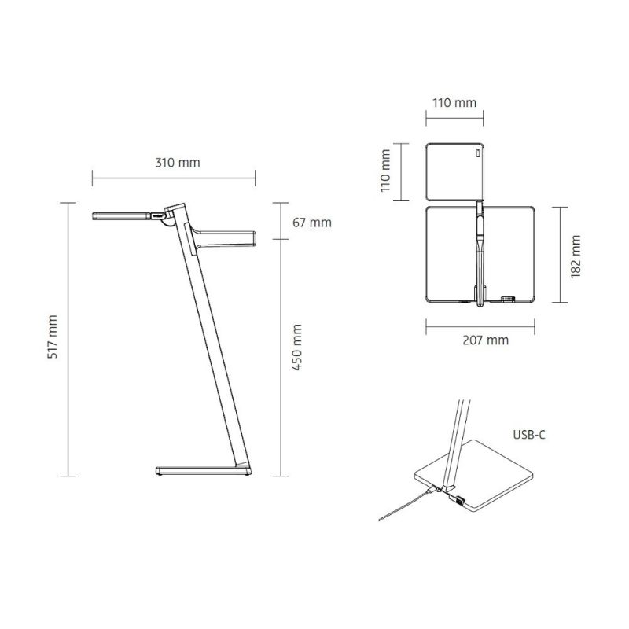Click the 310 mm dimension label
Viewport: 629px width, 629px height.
[178, 163]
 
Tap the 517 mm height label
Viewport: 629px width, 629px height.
[52, 337]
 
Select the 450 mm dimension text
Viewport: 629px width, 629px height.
[296, 348]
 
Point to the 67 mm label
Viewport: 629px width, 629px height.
[312, 223]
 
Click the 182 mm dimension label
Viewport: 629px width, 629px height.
[576, 257]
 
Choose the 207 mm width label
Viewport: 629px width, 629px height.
[485, 340]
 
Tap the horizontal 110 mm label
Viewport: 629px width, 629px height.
[454, 103]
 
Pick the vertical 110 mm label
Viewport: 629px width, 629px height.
[385, 171]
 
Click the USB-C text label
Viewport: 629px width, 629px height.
[529, 435]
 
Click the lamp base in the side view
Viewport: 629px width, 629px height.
[204, 470]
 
